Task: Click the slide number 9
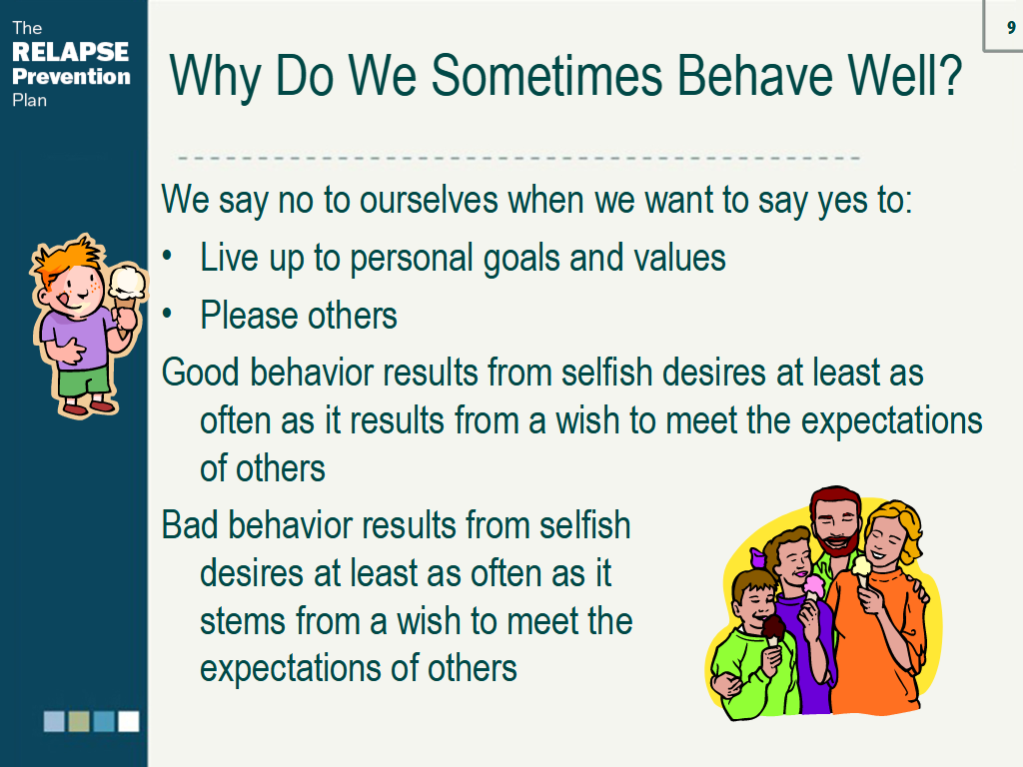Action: pyautogui.click(x=1011, y=27)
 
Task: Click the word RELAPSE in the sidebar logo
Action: pyautogui.click(x=71, y=52)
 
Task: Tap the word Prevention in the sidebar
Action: pyautogui.click(x=71, y=76)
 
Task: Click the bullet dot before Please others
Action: pyautogui.click(x=168, y=315)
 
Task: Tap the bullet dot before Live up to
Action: pyautogui.click(x=168, y=256)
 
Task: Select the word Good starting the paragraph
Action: pyautogui.click(x=201, y=373)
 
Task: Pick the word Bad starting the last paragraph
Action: pyautogui.click(x=189, y=525)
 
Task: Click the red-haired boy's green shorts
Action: pyautogui.click(x=84, y=381)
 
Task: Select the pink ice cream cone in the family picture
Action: pyautogui.click(x=813, y=587)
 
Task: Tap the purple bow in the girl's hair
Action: pyautogui.click(x=757, y=557)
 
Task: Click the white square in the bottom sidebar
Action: pyautogui.click(x=129, y=721)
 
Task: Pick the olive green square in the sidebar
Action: pyautogui.click(x=79, y=721)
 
